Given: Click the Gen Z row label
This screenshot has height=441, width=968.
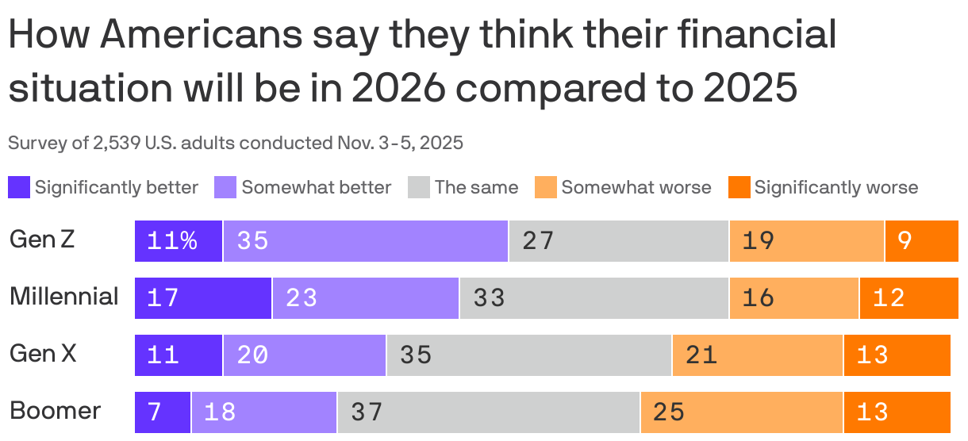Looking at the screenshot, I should pos(42,240).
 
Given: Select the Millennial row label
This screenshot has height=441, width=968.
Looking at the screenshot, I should pos(63,297).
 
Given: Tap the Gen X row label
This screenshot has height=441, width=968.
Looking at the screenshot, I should pos(43,354).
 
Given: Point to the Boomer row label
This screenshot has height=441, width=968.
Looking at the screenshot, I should pos(55,411).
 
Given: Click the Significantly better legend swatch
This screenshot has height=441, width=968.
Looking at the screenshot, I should pos(19,188).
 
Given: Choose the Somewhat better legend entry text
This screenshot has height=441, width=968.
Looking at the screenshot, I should pos(316,188).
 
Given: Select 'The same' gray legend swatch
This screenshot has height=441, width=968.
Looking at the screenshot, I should pos(418,188).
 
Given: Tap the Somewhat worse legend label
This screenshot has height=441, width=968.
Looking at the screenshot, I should pos(636,188).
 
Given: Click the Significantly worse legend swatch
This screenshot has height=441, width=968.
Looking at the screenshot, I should pos(739,188).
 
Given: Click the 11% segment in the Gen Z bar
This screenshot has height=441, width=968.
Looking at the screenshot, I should pos(179,240).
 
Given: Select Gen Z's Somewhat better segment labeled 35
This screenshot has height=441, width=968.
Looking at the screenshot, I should pos(366,240).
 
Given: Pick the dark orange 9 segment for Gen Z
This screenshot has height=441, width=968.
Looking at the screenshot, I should pos(921,240).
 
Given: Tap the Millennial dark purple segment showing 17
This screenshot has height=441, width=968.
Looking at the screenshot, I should pos(203,297).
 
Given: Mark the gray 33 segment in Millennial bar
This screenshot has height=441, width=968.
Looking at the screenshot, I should pos(593,297).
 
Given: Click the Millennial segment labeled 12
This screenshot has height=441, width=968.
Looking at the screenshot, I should pos(908,297).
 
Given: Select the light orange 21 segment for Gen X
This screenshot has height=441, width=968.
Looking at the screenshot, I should pos(758,355).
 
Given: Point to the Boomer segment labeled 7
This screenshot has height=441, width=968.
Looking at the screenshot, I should pos(163,412).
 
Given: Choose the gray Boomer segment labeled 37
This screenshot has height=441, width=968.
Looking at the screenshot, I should pos(489,412).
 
